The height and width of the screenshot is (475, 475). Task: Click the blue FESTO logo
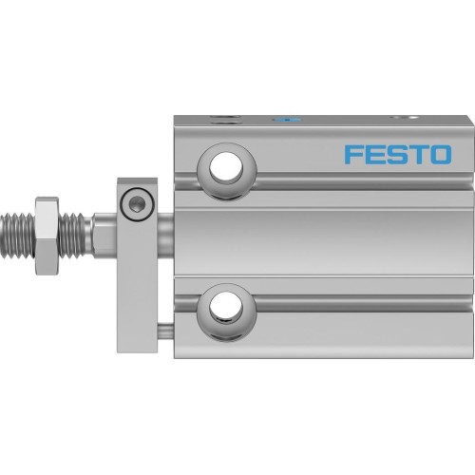coord(398,154)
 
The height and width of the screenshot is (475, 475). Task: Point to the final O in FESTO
coord(441,154)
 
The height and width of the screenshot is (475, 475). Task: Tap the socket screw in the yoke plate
coord(139,201)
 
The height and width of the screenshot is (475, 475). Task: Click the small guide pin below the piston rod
coord(165,331)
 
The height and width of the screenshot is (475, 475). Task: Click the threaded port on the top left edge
coord(225,121)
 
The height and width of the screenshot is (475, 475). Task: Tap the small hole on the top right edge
coord(409,119)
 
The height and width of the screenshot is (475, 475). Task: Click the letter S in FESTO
coord(397,154)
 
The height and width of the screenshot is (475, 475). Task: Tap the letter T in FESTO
coord(418,154)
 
